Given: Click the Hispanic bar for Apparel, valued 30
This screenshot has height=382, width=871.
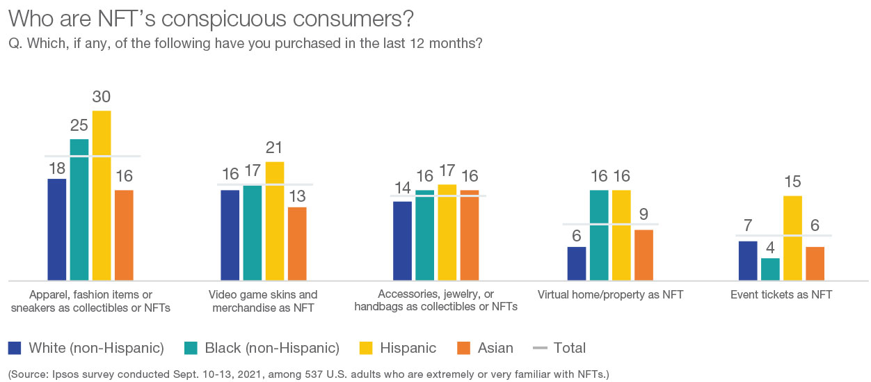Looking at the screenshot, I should pos(102,195).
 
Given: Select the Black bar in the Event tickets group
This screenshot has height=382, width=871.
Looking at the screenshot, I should pos(770,269).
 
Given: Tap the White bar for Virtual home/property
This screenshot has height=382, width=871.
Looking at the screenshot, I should pos(577,263).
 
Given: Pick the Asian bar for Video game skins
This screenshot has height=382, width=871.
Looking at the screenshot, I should pos(297,244).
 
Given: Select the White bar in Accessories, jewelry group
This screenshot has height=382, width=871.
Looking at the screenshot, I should pos(402,240).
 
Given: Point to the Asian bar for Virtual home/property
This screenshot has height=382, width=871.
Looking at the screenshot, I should pos(644,255).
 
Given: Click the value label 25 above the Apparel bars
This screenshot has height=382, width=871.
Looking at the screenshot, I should pos(79,125).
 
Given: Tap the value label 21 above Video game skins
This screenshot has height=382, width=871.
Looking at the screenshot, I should pos(275,148).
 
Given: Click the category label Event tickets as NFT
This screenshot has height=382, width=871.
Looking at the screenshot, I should pos(781,295).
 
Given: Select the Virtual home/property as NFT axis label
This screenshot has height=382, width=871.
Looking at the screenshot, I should pos(611,295).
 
